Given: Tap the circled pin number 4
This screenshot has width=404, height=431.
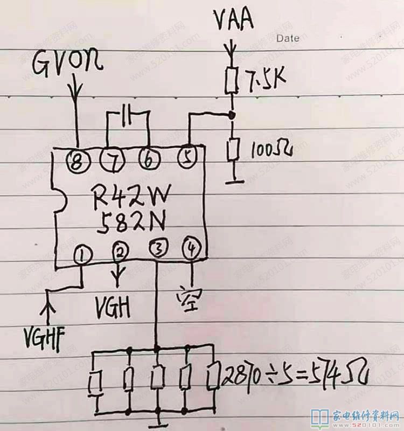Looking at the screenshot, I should tap(191, 248).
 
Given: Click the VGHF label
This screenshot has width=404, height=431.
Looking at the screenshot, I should tap(44, 338).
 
